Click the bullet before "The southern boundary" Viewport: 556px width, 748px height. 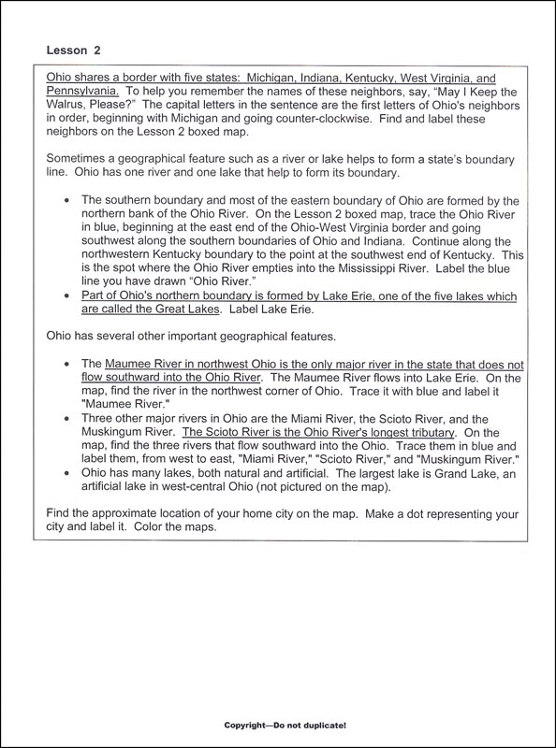click(x=64, y=200)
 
